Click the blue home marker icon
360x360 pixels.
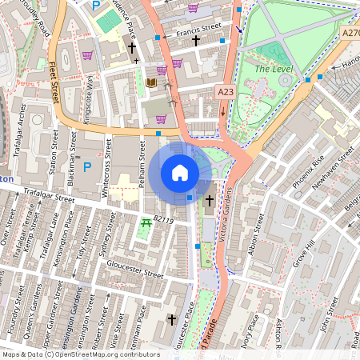coord(180,172)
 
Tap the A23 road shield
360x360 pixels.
coord(226,93)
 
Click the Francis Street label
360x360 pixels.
coord(198,29)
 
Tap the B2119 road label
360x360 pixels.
coord(163,218)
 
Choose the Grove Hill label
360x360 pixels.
coord(301,256)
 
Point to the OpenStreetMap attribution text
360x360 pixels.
coord(80,354)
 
